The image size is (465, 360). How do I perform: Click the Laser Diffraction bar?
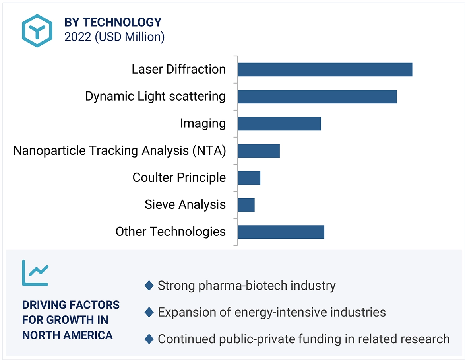325,70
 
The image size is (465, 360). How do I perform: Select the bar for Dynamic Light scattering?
317,97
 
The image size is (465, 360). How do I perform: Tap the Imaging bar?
279,124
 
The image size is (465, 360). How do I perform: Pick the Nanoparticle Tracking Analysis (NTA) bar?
259,151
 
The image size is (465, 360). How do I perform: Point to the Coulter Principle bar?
249,178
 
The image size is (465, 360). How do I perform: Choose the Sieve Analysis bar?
246,205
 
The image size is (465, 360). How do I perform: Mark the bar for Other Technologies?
281,232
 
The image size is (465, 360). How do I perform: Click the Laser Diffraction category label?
178,70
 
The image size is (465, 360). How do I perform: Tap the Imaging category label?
203,124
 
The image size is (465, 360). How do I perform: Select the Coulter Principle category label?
179,178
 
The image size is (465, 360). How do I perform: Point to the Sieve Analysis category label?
185,205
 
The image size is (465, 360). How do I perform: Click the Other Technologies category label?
170,232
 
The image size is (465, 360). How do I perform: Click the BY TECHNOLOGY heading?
113,22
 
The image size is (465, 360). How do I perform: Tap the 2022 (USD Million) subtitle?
114,37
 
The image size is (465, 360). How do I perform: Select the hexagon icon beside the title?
37,31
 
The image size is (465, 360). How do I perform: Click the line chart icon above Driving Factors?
35,272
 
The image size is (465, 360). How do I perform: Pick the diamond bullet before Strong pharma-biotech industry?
149,286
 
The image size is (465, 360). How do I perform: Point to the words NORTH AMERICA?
67,335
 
